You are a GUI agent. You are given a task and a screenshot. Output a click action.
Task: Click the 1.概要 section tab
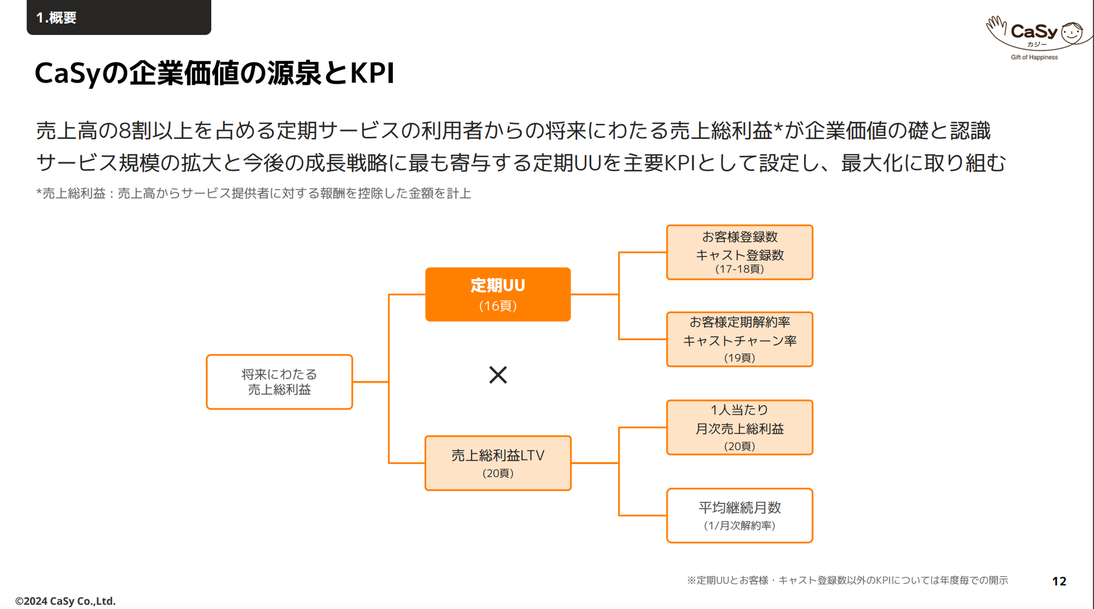coord(119,17)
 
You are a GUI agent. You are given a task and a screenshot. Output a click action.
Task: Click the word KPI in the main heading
coord(372,73)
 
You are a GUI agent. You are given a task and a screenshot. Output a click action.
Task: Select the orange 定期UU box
coord(498,294)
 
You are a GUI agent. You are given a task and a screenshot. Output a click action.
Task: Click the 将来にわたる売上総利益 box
coord(280,382)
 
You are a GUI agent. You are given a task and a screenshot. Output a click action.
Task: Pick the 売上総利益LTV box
coord(498,463)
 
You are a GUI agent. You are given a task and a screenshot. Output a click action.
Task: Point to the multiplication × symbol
coord(498,375)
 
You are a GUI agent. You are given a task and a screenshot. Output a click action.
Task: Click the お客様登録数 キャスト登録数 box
coord(740,252)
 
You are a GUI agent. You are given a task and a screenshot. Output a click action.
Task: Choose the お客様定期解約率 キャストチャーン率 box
coord(740,339)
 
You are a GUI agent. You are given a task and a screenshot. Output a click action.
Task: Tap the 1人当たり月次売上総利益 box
coord(740,427)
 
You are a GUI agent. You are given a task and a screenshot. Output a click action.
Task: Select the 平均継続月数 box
coord(740,515)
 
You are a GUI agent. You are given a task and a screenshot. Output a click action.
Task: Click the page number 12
coord(1059,581)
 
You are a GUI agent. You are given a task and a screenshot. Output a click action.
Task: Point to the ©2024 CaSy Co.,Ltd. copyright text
coord(66,601)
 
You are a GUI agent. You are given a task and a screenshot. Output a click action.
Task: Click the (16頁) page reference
coord(498,306)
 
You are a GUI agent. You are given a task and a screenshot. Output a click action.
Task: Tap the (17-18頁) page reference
coord(740,269)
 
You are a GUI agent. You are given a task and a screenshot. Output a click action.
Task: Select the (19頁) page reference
coord(740,358)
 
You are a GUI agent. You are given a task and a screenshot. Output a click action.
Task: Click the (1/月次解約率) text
coord(740,525)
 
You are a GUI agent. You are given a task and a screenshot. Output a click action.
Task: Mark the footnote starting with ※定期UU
coord(847,580)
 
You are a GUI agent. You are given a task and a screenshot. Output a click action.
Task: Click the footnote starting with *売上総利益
coord(254,193)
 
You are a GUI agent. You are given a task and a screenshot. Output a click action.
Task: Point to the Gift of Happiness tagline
coord(1034,57)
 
